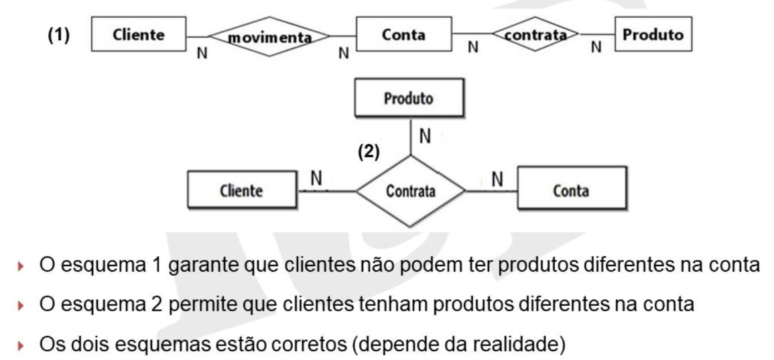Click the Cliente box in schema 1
pos(139,34)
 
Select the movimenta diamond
pos(269,37)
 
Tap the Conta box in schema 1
pos(404,34)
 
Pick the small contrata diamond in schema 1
pos(536,34)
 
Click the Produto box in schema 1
pos(653,34)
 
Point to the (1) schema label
pos(59,36)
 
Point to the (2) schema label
pos(369,153)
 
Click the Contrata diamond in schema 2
pos(411,191)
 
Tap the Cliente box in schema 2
pos(243,190)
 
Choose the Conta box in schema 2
pos(572,190)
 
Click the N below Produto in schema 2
pos(424,137)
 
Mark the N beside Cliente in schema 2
pos(316,179)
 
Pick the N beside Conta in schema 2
pos(497,179)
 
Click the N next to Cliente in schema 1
pos(202,54)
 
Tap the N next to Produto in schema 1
pos(596,48)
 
